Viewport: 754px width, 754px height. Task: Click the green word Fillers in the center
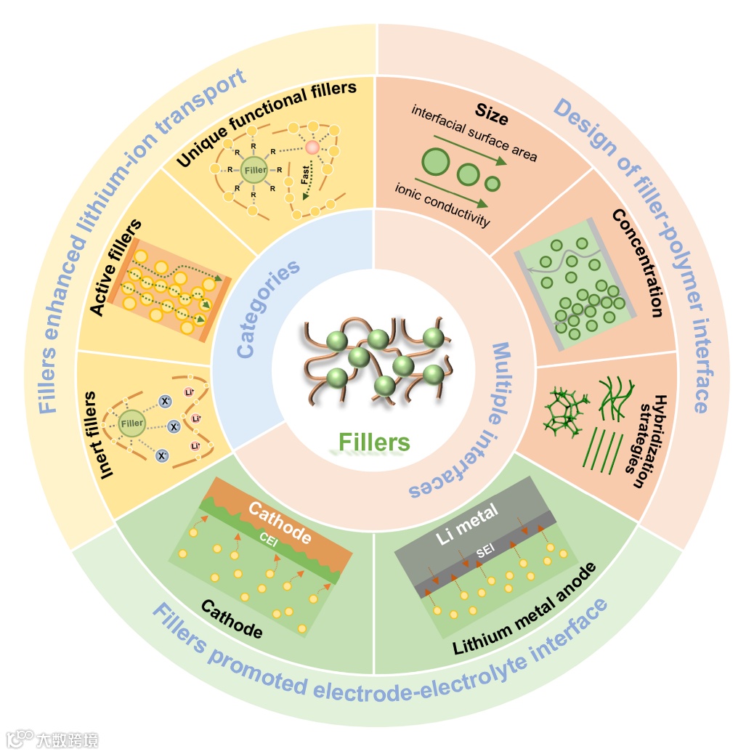click(x=374, y=442)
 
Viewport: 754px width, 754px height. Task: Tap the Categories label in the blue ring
click(x=268, y=309)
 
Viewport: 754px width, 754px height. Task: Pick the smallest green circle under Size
click(x=493, y=182)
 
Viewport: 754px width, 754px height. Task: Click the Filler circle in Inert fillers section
click(x=132, y=423)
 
